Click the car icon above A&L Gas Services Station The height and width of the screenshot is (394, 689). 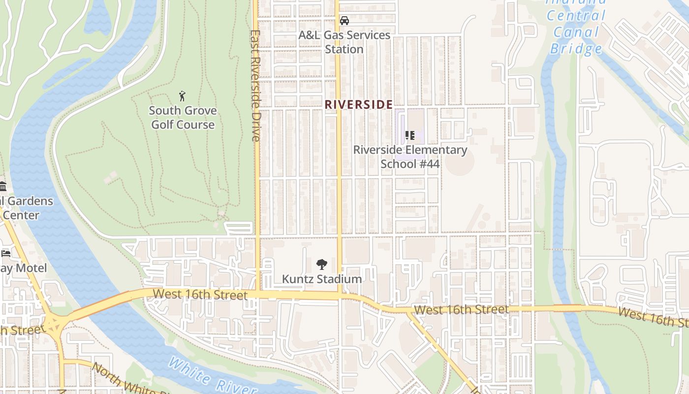point(344,21)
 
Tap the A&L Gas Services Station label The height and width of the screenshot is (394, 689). point(344,42)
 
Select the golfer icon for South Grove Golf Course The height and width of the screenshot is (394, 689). point(183,96)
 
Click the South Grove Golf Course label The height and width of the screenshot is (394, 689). point(183,117)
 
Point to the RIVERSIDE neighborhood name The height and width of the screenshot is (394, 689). point(358,104)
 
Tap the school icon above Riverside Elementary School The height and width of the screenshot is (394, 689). point(409,135)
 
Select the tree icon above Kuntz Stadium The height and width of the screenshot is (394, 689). point(321,264)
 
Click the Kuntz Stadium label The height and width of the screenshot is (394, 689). point(321,279)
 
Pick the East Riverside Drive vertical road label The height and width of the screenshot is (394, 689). point(255,86)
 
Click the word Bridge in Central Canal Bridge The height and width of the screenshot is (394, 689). point(576,48)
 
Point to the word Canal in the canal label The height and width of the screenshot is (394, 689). point(576,33)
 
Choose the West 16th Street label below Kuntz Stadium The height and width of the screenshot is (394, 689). point(200,295)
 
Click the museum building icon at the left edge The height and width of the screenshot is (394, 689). point(3,186)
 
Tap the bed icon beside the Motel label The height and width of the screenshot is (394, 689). point(5,253)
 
